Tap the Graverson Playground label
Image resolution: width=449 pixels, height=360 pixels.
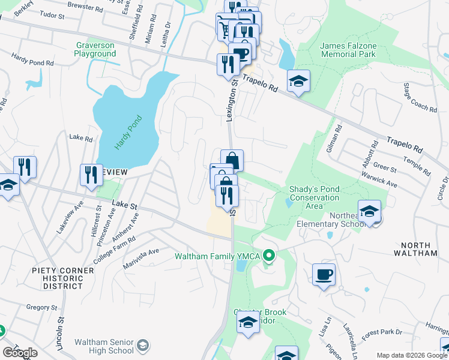pos(95,49)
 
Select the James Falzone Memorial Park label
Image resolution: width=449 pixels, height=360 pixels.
pos(348,50)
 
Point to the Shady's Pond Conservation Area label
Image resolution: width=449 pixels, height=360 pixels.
pos(314,197)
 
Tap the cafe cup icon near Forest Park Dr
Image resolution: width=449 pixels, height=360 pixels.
pos(324,275)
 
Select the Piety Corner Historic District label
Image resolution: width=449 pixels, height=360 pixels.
pos(63,278)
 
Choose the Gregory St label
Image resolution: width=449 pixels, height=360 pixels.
pos(41,307)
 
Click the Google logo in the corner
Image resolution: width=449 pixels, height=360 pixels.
pos(20,353)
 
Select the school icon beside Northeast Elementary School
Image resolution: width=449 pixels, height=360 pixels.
pos(369,211)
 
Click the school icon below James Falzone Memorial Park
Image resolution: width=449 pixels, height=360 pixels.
pos(298,81)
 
